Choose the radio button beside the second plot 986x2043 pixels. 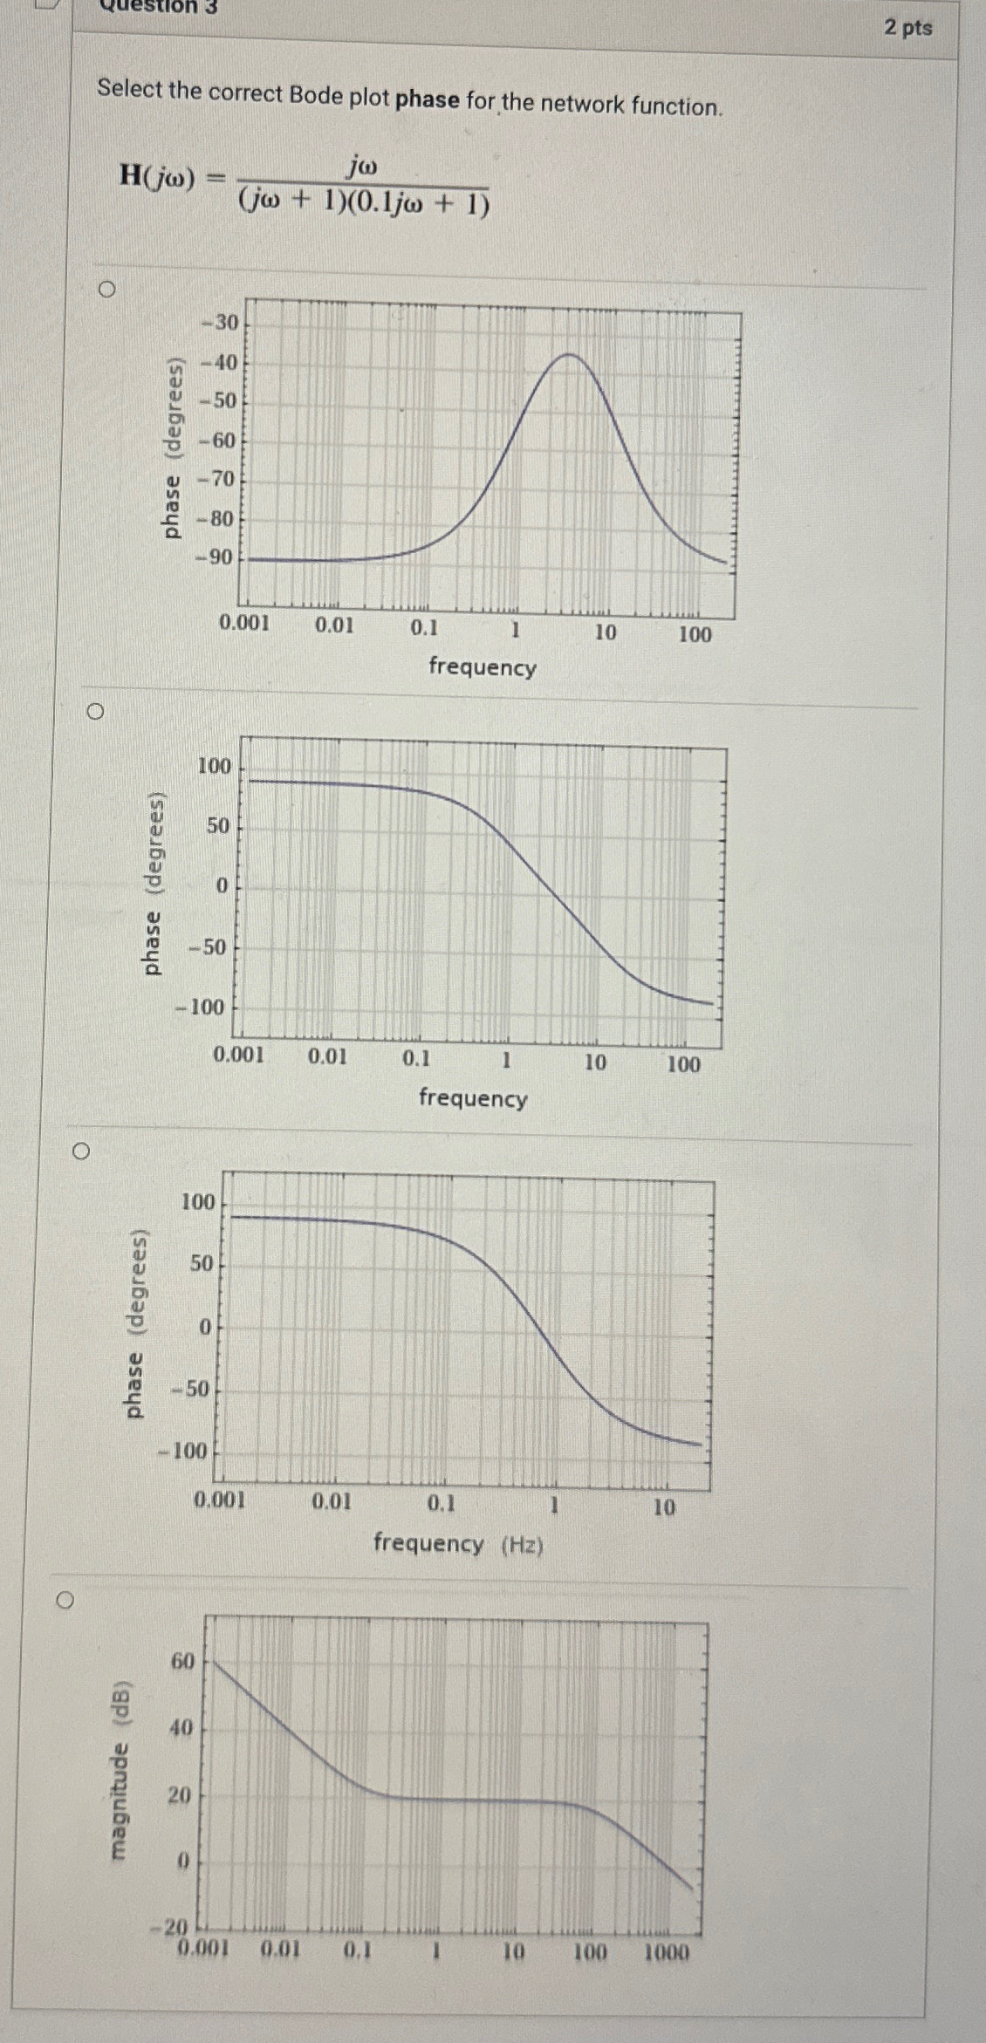[x=95, y=712]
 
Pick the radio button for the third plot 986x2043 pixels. [x=80, y=1151]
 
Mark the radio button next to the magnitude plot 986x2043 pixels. [x=64, y=1600]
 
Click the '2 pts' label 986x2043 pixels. [x=908, y=28]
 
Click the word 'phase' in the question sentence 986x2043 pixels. [x=427, y=99]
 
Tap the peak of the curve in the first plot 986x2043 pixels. [x=569, y=354]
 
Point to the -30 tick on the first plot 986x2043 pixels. [x=221, y=323]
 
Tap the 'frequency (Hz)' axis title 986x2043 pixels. [x=458, y=1544]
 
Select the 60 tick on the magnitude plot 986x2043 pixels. [x=182, y=1661]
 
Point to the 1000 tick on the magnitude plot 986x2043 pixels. [x=666, y=1952]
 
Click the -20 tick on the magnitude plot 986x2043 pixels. [x=175, y=1926]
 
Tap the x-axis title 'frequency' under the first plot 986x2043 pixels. [x=482, y=667]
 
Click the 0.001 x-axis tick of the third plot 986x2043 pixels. [x=220, y=1500]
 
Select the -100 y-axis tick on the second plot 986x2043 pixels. [x=202, y=1008]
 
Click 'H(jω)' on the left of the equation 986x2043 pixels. [x=155, y=175]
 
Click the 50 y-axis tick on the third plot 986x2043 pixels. [x=202, y=1263]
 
